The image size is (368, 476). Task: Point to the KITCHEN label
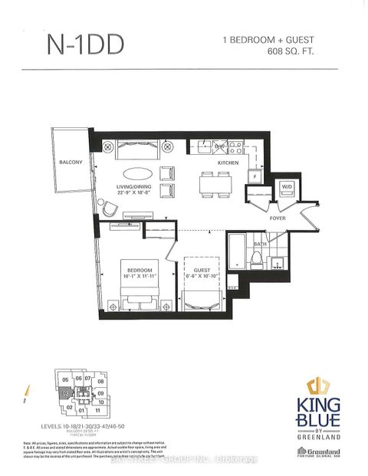point(228,164)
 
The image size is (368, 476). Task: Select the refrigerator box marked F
point(251,177)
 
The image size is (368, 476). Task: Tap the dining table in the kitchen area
point(212,182)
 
